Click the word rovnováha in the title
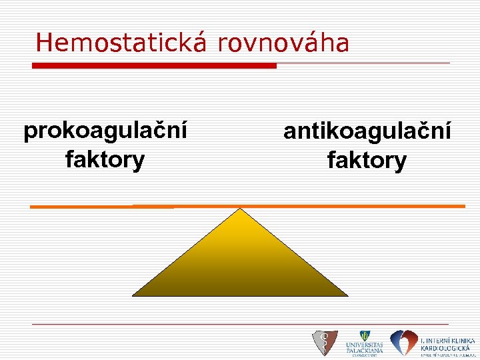283,43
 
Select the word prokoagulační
105,131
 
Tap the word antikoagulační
367,131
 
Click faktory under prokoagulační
105,160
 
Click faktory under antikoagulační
367,161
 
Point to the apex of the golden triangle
239,209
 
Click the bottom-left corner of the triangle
133,295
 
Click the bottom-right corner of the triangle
347,295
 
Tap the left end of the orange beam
32,207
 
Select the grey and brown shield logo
325,343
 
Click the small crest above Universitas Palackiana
364,335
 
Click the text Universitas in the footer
364,345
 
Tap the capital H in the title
44,43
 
